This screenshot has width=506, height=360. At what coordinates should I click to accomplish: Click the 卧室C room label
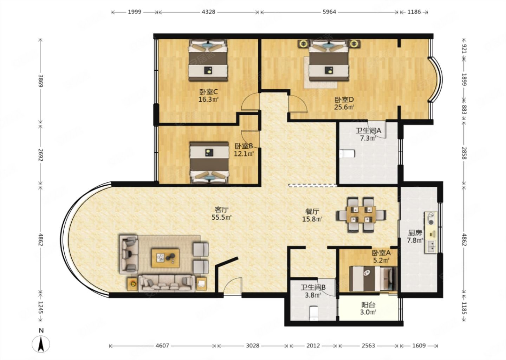pyautogui.click(x=208, y=92)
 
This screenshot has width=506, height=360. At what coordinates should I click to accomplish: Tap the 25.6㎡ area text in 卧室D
pyautogui.click(x=344, y=107)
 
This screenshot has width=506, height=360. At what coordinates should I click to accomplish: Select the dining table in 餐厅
pyautogui.click(x=361, y=214)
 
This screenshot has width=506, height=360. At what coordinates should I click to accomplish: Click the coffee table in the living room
pyautogui.click(x=166, y=258)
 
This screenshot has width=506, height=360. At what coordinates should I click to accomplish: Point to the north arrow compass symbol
pyautogui.click(x=41, y=345)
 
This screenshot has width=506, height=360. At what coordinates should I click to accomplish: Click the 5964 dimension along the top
pyautogui.click(x=329, y=12)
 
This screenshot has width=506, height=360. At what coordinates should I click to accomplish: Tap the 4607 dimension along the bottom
pyautogui.click(x=162, y=346)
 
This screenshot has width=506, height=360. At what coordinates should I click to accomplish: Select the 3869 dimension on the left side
pyautogui.click(x=41, y=81)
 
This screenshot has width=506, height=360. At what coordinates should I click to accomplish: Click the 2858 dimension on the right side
pyautogui.click(x=464, y=153)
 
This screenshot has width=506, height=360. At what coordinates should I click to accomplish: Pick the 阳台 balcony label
pyautogui.click(x=368, y=305)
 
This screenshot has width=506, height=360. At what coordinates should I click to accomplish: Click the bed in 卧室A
pyautogui.click(x=373, y=279)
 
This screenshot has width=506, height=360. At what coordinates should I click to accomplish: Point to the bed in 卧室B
pyautogui.click(x=209, y=163)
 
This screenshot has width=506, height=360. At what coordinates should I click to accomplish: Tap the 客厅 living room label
pyautogui.click(x=221, y=210)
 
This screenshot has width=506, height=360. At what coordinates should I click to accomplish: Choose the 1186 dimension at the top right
pyautogui.click(x=414, y=12)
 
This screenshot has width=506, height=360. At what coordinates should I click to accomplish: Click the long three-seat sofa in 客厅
pyautogui.click(x=167, y=283)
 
